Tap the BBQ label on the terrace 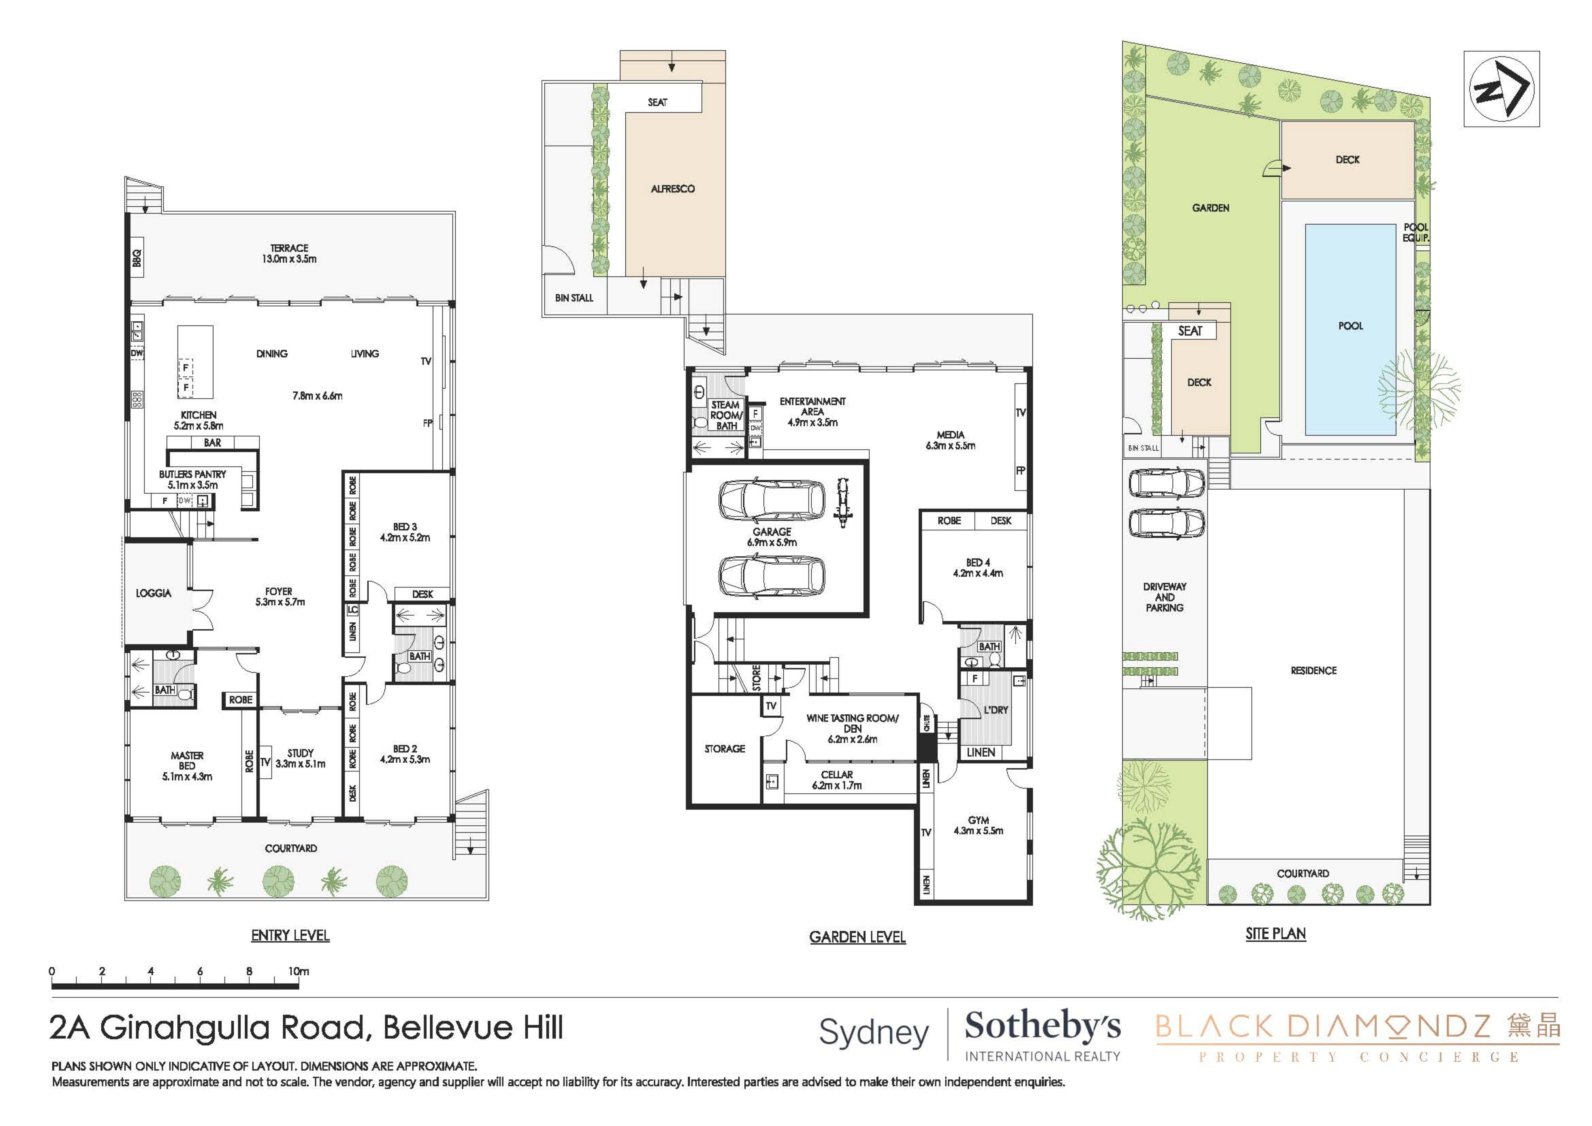pyautogui.click(x=137, y=258)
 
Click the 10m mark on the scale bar pyautogui.click(x=299, y=971)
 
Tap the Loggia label pyautogui.click(x=153, y=593)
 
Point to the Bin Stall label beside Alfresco pyautogui.click(x=574, y=298)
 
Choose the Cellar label pyautogui.click(x=837, y=775)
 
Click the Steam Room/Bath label pyautogui.click(x=726, y=415)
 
